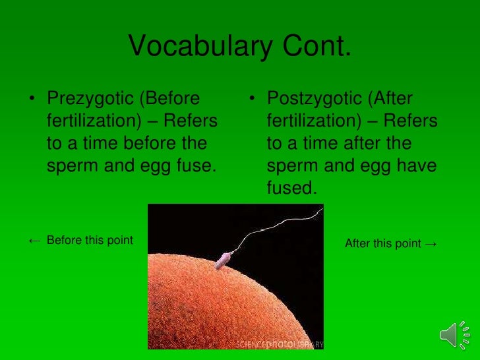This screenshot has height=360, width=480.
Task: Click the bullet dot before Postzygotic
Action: click(253, 100)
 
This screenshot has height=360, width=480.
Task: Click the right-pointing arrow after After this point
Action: click(431, 244)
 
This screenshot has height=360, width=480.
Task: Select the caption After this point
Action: click(382, 244)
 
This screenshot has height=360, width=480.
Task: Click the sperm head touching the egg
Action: click(223, 261)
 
